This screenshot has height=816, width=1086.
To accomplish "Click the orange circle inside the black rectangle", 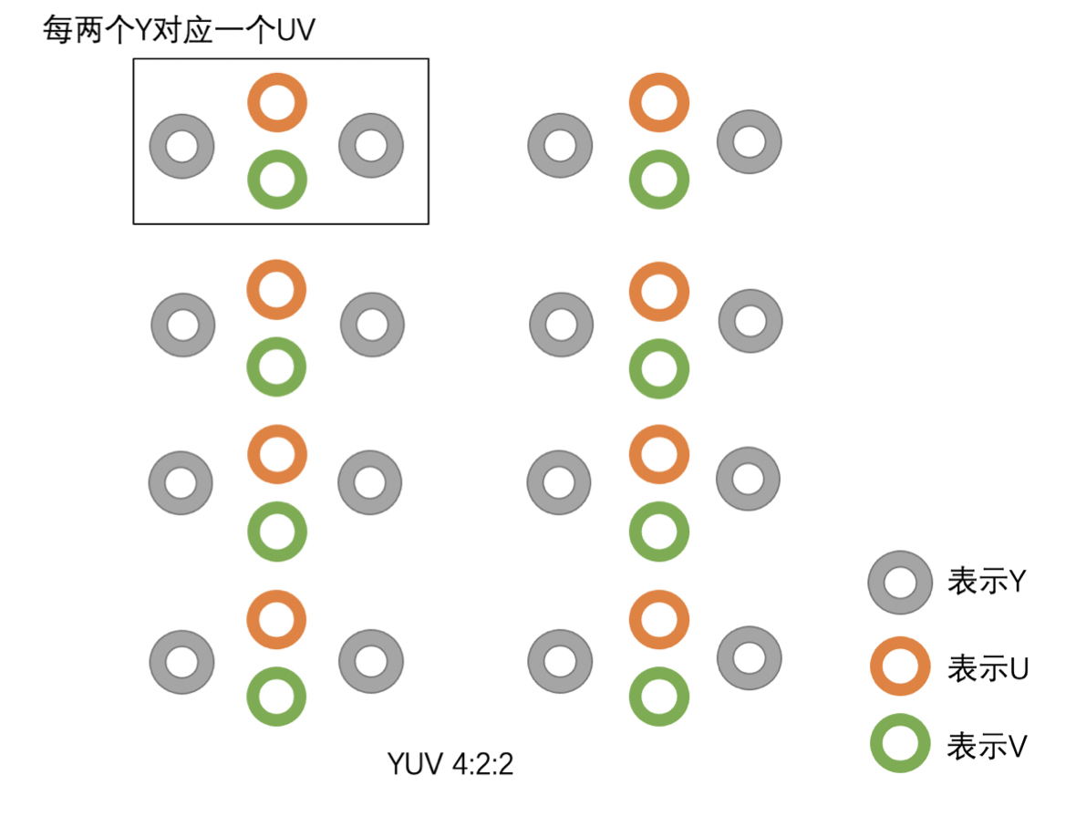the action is pyautogui.click(x=277, y=103).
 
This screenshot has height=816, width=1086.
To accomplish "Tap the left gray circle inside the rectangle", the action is pyautogui.click(x=181, y=146).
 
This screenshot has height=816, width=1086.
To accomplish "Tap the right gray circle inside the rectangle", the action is pyautogui.click(x=371, y=145).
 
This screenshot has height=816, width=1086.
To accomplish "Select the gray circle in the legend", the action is pyautogui.click(x=899, y=583).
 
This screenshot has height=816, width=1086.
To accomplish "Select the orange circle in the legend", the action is pyautogui.click(x=899, y=667).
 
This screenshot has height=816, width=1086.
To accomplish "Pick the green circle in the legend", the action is pyautogui.click(x=899, y=744).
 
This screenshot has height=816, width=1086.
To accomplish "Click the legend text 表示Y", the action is pyautogui.click(x=988, y=582).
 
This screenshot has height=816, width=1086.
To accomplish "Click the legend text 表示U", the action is pyautogui.click(x=988, y=668).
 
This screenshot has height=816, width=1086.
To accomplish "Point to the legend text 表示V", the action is pyautogui.click(x=988, y=747).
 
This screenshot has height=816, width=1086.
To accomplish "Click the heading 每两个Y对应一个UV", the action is pyautogui.click(x=179, y=30).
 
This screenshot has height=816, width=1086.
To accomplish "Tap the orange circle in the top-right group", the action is pyautogui.click(x=658, y=103).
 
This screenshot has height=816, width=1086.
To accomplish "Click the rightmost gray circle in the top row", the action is pyautogui.click(x=749, y=142).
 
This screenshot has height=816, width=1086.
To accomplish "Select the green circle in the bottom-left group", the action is pyautogui.click(x=276, y=697).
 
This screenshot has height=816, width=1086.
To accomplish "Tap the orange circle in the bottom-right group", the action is pyautogui.click(x=658, y=620).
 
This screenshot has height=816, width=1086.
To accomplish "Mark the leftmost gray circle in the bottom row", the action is pyautogui.click(x=181, y=662).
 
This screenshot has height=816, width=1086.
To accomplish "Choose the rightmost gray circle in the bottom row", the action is pyautogui.click(x=749, y=658).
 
